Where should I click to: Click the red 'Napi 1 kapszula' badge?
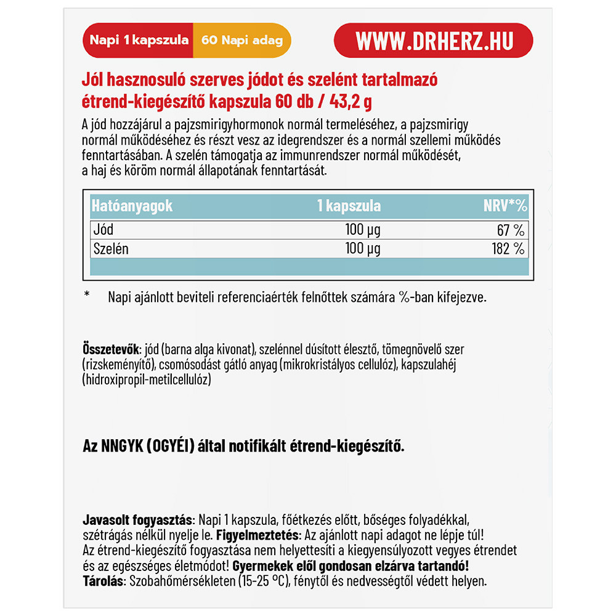139,41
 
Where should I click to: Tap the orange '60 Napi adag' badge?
241,41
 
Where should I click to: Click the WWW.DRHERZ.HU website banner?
433,41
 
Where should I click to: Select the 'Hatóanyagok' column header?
132,206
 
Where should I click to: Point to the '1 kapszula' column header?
349,206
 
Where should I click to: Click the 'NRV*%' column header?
505,206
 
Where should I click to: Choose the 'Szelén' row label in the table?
110,249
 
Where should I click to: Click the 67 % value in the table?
511,230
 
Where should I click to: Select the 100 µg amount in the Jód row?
362,230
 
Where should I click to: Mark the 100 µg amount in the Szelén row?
362,249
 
